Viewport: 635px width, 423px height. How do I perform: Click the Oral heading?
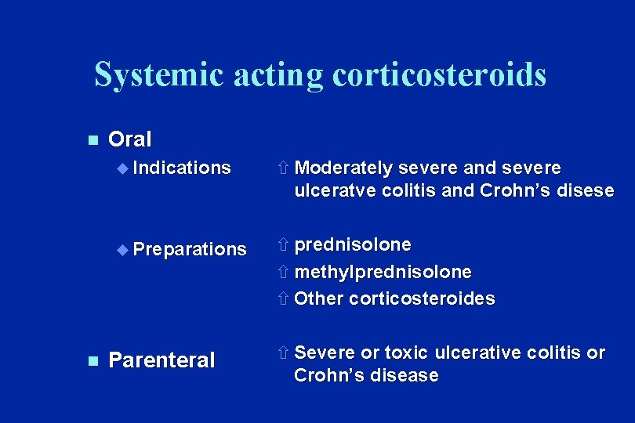(129, 139)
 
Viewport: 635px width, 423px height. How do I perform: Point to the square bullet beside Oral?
(92, 140)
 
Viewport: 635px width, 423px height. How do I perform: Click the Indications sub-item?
(182, 168)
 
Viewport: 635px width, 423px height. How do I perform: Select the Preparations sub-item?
(190, 249)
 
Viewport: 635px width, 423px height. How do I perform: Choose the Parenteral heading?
(161, 360)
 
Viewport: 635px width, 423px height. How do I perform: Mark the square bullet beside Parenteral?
(92, 361)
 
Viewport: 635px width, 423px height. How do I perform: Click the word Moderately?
(344, 168)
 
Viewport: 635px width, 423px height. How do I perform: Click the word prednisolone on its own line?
(353, 245)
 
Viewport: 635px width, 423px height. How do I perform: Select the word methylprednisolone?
(383, 272)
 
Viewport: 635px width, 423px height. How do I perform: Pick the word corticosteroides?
(422, 298)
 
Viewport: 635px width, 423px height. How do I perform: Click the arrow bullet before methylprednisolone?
(284, 273)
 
